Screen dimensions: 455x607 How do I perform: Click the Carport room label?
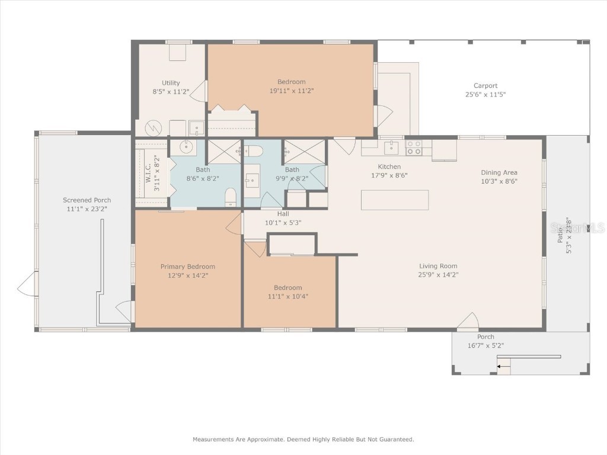click(x=485, y=86)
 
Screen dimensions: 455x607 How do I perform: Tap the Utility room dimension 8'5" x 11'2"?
click(x=171, y=92)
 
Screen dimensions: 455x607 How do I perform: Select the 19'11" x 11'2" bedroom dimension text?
click(x=291, y=91)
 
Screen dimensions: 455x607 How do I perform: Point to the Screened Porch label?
click(x=87, y=200)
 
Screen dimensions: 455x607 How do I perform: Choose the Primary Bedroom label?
click(x=187, y=267)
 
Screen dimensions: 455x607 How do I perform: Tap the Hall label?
click(x=283, y=214)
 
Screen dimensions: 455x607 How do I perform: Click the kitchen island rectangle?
click(x=395, y=200)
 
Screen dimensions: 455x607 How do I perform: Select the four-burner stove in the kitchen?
click(x=414, y=148)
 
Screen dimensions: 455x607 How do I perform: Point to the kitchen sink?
click(x=391, y=146)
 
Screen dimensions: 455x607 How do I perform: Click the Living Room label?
click(x=438, y=266)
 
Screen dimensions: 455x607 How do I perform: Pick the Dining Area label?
click(x=499, y=172)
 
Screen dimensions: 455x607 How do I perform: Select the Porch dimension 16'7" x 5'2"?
click(x=485, y=345)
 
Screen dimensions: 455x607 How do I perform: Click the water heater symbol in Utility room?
click(x=153, y=129)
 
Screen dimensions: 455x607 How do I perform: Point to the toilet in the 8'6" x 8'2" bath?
click(x=231, y=197)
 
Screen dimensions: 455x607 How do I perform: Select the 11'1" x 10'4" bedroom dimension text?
click(x=287, y=296)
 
